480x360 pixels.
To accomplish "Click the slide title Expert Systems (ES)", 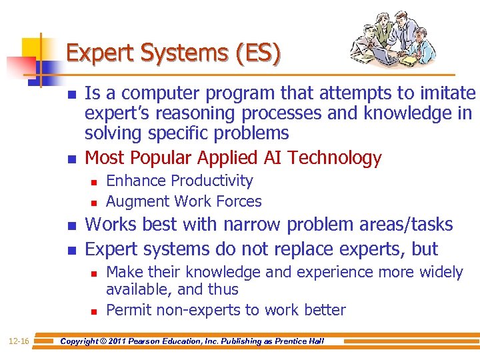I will (x=173, y=53).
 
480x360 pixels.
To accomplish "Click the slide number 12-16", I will (x=19, y=341).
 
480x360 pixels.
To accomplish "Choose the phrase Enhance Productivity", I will (x=179, y=181).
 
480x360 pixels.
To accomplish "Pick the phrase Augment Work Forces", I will (x=183, y=201).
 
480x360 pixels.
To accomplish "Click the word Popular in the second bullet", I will (x=161, y=158).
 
